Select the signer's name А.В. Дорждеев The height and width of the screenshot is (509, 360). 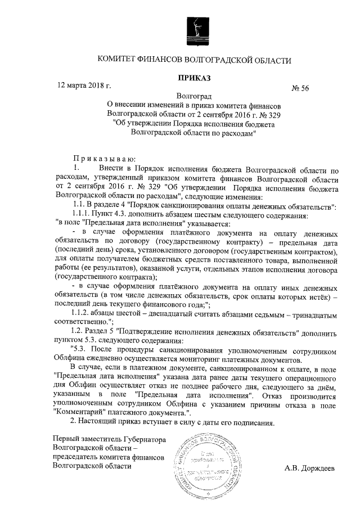(x=310, y=467)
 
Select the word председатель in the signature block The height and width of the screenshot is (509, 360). (x=75, y=456)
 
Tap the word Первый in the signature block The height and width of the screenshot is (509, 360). (x=65, y=438)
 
